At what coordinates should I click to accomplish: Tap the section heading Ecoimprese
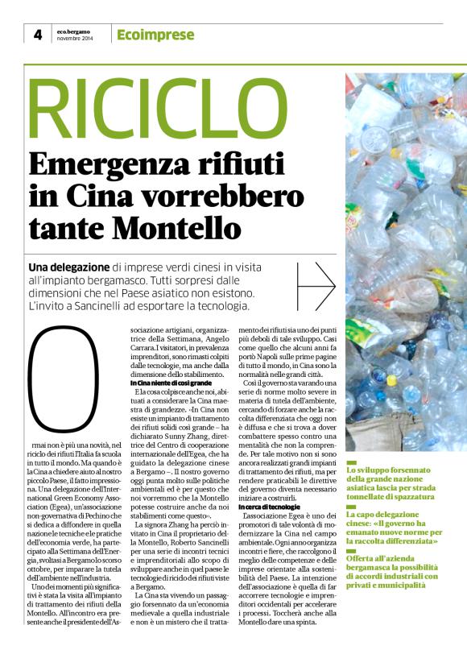(x=155, y=35)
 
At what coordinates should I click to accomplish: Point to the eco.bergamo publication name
(x=74, y=31)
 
